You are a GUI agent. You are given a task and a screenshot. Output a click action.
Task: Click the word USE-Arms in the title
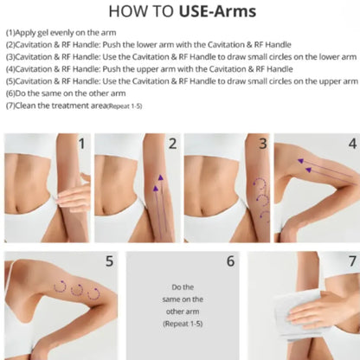click(217, 11)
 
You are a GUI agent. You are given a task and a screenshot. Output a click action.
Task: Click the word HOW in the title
click(127, 11)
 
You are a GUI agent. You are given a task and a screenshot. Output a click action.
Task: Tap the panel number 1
click(82, 144)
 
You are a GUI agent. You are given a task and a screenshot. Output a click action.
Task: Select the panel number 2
click(172, 144)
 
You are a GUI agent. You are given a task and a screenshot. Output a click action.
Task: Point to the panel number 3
click(263, 144)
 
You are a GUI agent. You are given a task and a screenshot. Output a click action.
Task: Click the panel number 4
click(352, 144)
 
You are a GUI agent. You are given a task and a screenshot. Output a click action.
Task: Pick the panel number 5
click(109, 261)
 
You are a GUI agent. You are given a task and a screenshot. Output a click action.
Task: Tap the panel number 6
click(230, 261)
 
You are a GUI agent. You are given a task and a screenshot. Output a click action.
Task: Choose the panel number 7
click(352, 261)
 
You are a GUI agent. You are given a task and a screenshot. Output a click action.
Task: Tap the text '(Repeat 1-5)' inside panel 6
click(183, 324)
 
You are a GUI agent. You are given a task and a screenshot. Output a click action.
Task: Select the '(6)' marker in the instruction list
click(10, 93)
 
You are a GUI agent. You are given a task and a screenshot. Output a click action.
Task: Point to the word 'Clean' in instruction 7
click(25, 106)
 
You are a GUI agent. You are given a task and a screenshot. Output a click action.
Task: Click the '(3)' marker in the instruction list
click(10, 57)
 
